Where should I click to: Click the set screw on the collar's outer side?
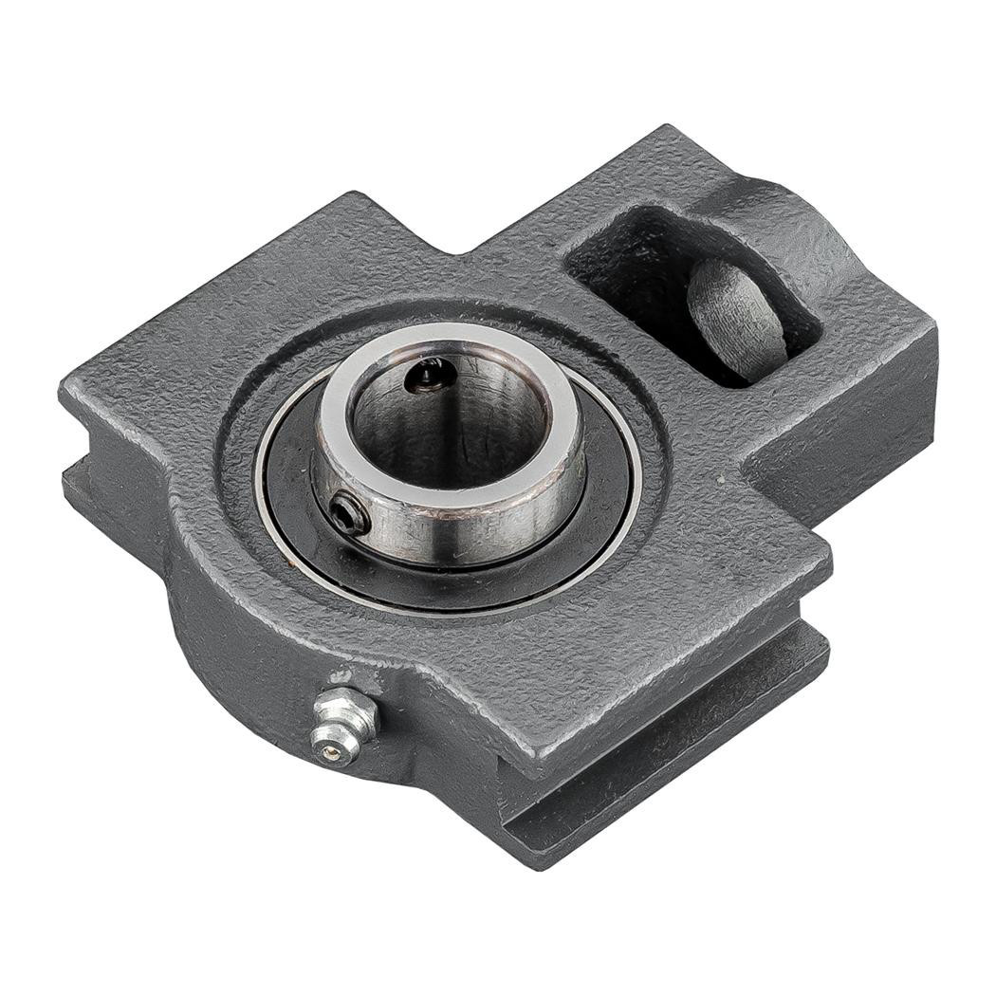coord(349,515)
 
